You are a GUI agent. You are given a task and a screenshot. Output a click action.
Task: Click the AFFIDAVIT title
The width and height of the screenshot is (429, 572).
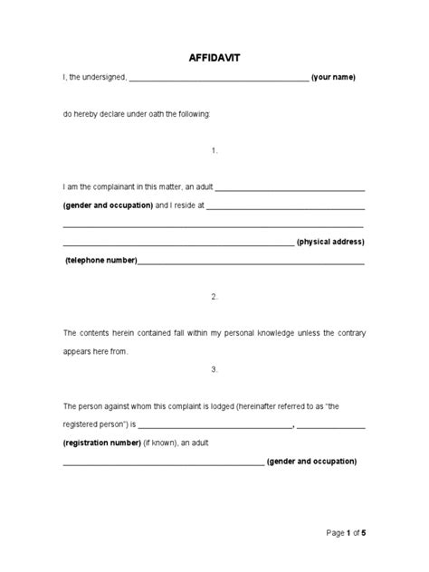point(214,57)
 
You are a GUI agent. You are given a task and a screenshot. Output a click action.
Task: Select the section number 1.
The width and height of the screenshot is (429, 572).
point(214,150)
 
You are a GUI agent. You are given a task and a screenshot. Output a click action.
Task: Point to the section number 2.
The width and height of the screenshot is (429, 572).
point(214,296)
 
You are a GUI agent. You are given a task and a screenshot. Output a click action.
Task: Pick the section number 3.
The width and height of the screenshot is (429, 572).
point(214,369)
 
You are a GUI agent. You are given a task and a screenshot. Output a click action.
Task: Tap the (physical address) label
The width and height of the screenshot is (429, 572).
point(330,243)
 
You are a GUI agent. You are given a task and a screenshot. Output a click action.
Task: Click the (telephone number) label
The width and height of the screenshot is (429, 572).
point(100,261)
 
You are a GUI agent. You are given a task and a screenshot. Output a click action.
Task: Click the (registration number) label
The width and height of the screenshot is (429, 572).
point(101,443)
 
